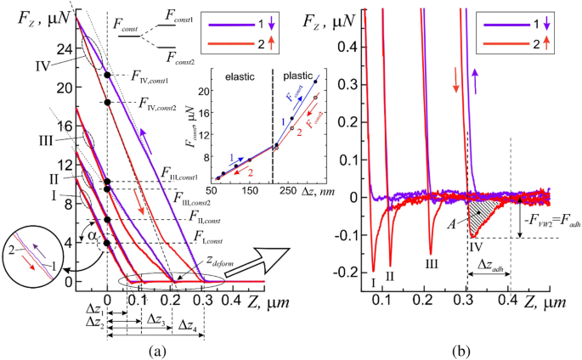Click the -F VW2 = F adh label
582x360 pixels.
(545, 226)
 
